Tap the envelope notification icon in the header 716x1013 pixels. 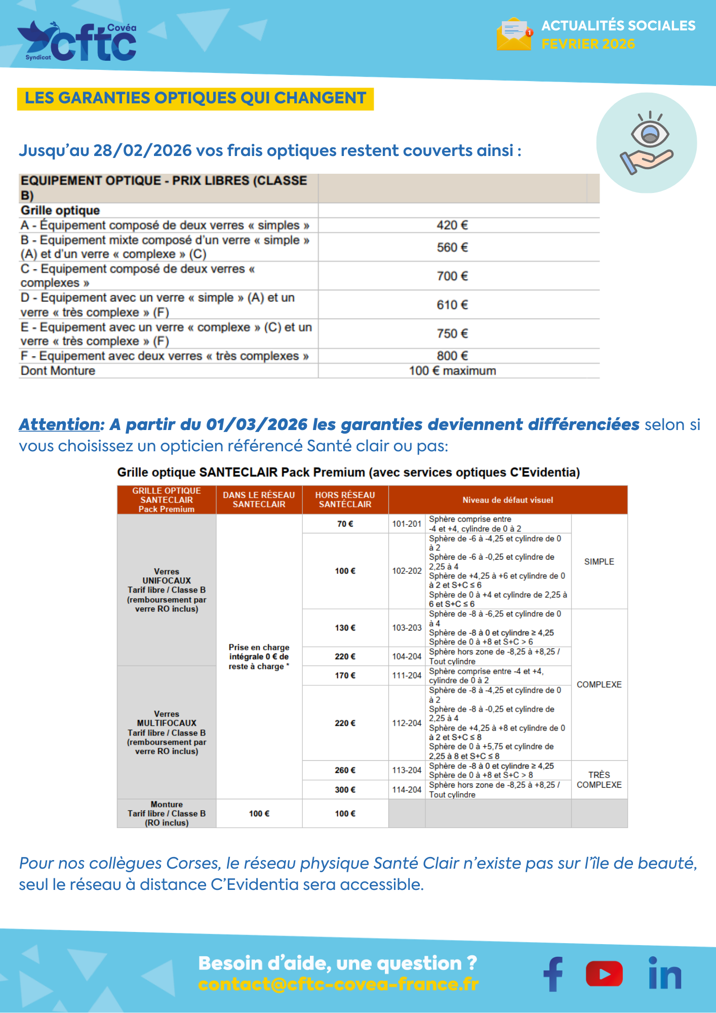pyautogui.click(x=514, y=34)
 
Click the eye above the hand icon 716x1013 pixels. pyautogui.click(x=650, y=133)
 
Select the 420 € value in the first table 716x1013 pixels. pyautogui.click(x=452, y=225)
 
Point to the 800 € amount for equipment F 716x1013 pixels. pyautogui.click(x=452, y=356)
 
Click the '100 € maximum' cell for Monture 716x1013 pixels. pyautogui.click(x=452, y=371)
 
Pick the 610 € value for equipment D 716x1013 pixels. pyautogui.click(x=452, y=305)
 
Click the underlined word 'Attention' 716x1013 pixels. pyautogui.click(x=60, y=424)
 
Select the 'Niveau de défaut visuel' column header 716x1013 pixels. pyautogui.click(x=507, y=500)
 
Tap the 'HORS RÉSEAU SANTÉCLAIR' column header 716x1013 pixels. pyautogui.click(x=345, y=499)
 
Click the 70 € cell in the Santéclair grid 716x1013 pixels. pyautogui.click(x=345, y=524)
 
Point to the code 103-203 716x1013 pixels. pyautogui.click(x=407, y=628)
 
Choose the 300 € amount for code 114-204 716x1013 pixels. pyautogui.click(x=345, y=790)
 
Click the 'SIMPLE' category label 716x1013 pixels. pyautogui.click(x=599, y=562)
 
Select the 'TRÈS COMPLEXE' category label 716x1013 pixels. pyautogui.click(x=599, y=780)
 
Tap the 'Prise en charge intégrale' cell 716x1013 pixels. pyautogui.click(x=259, y=656)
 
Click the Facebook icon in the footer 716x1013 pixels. pyautogui.click(x=553, y=973)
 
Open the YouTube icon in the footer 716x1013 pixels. pyautogui.click(x=604, y=973)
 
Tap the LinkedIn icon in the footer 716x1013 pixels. pyautogui.click(x=665, y=973)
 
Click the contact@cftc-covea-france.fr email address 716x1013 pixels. pyautogui.click(x=338, y=984)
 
